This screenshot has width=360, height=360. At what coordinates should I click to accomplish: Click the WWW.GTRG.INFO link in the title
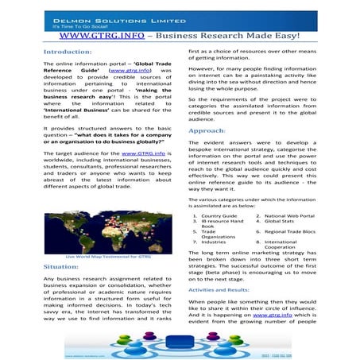click(102, 37)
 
